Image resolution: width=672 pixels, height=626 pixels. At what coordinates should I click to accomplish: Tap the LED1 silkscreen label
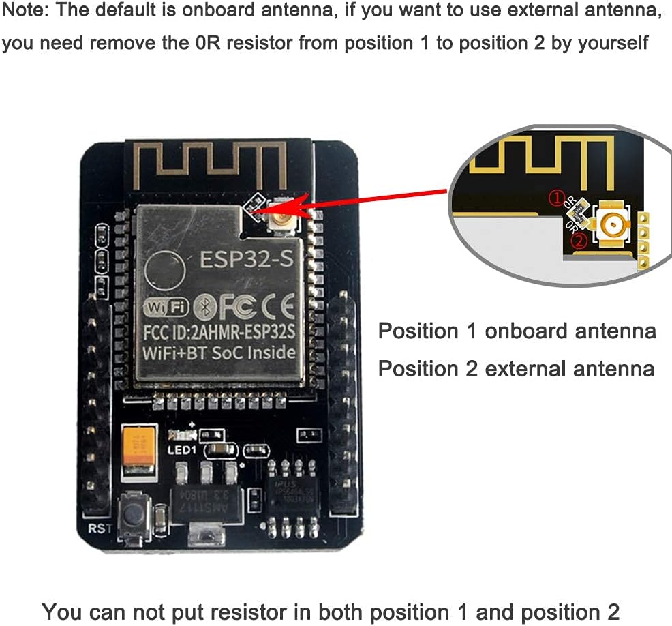[x=181, y=451]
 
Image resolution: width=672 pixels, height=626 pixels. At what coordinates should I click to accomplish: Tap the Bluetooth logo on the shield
[x=202, y=308]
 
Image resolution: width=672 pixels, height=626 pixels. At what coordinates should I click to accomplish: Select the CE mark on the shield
[x=279, y=308]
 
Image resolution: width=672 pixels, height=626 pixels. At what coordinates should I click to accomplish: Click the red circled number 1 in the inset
[x=557, y=198]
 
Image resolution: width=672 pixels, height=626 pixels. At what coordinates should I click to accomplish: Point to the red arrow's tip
[x=253, y=213]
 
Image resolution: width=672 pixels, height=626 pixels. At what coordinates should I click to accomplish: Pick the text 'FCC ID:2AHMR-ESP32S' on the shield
[x=219, y=336]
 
